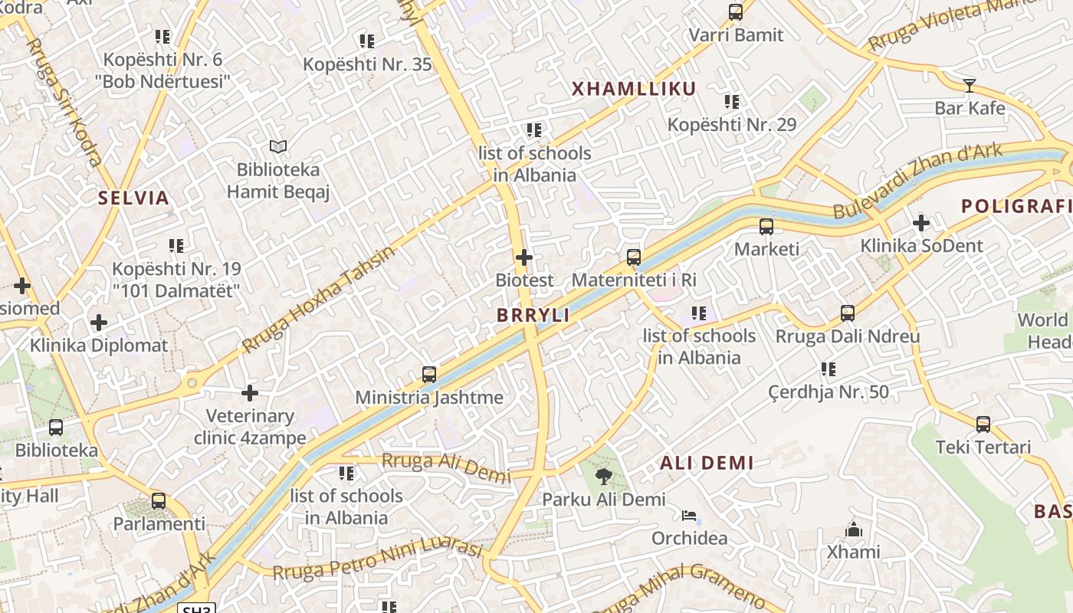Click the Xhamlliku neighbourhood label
[634, 89]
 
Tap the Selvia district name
[133, 198]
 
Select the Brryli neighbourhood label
[533, 316]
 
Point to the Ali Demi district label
[707, 463]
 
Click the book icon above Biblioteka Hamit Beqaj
[277, 146]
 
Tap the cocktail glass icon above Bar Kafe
[970, 85]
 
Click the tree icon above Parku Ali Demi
[604, 477]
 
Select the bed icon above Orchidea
[689, 515]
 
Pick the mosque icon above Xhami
[853, 529]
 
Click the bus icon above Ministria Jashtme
[429, 375]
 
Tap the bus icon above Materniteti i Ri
[634, 257]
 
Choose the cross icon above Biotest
[524, 257]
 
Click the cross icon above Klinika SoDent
[921, 223]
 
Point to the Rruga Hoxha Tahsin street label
[320, 299]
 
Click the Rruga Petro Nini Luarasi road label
[377, 562]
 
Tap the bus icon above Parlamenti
[159, 501]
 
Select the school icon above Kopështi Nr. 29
[732, 101]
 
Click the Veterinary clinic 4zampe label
[250, 427]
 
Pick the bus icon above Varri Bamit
[736, 12]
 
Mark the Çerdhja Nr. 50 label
[829, 392]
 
